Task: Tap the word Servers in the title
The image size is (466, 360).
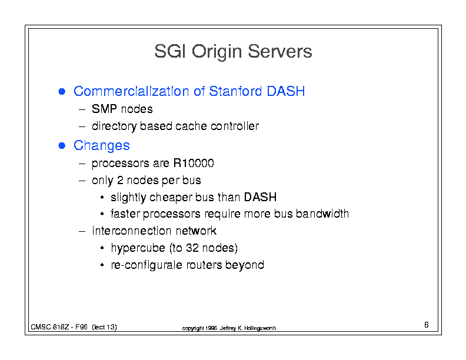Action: click(x=279, y=51)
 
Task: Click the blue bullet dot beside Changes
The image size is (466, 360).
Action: click(x=62, y=145)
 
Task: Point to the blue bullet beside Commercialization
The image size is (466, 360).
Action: click(x=62, y=92)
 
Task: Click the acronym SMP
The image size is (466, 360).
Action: click(x=104, y=109)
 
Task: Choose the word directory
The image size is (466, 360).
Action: click(x=114, y=126)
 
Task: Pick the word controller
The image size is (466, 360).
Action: click(x=235, y=126)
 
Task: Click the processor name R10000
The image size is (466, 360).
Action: click(x=194, y=163)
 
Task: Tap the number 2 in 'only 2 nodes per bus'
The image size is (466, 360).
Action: click(x=120, y=180)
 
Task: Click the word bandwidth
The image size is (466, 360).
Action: click(x=322, y=214)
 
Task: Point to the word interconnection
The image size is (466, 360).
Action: click(x=131, y=231)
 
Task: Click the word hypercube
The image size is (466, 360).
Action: click(x=138, y=248)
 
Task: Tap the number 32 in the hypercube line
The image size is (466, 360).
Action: click(x=192, y=248)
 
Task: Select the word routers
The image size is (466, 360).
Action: click(x=204, y=265)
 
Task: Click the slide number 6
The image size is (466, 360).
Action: click(x=427, y=325)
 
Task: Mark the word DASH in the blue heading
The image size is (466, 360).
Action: click(x=285, y=91)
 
